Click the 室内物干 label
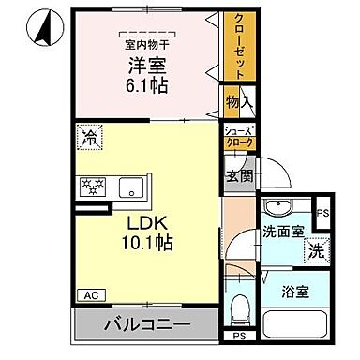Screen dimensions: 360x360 (146, 43)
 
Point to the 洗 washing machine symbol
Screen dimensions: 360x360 (318, 251)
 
